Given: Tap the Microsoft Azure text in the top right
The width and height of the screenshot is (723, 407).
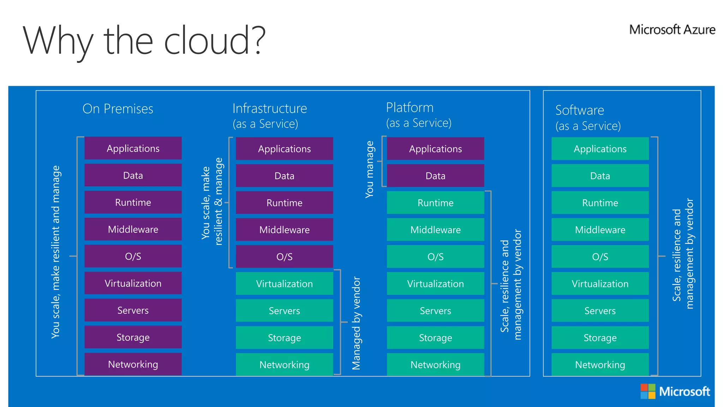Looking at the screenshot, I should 672,30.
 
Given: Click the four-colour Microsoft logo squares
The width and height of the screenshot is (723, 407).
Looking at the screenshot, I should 648,391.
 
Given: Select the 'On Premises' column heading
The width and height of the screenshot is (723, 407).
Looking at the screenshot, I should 118,109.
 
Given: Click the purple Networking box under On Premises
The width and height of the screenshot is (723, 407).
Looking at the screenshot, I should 133,364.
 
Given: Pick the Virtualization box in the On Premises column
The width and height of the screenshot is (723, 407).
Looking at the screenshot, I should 133,283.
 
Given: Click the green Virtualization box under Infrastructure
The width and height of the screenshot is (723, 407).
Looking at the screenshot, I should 284,284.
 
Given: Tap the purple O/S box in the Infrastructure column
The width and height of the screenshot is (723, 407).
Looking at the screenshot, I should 284,257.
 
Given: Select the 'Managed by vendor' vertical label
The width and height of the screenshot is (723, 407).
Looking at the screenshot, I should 356,323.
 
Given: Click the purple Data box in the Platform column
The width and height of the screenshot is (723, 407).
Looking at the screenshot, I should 435,176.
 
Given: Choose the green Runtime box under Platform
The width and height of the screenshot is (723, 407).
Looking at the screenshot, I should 435,203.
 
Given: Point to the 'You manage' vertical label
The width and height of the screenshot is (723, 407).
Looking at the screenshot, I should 370,170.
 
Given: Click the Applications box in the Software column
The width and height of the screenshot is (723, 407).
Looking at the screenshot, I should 600,149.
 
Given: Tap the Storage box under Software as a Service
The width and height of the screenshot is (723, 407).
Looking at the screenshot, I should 600,338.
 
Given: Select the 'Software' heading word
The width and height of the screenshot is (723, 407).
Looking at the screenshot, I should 580,110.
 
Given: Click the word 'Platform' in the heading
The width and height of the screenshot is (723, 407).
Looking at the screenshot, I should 410,107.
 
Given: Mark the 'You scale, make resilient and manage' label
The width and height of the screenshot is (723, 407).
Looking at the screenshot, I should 56,252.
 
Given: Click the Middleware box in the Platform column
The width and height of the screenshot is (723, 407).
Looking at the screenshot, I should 435,230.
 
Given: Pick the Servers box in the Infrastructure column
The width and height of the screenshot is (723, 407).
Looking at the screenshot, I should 284,311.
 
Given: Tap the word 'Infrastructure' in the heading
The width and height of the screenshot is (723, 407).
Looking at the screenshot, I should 270,108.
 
